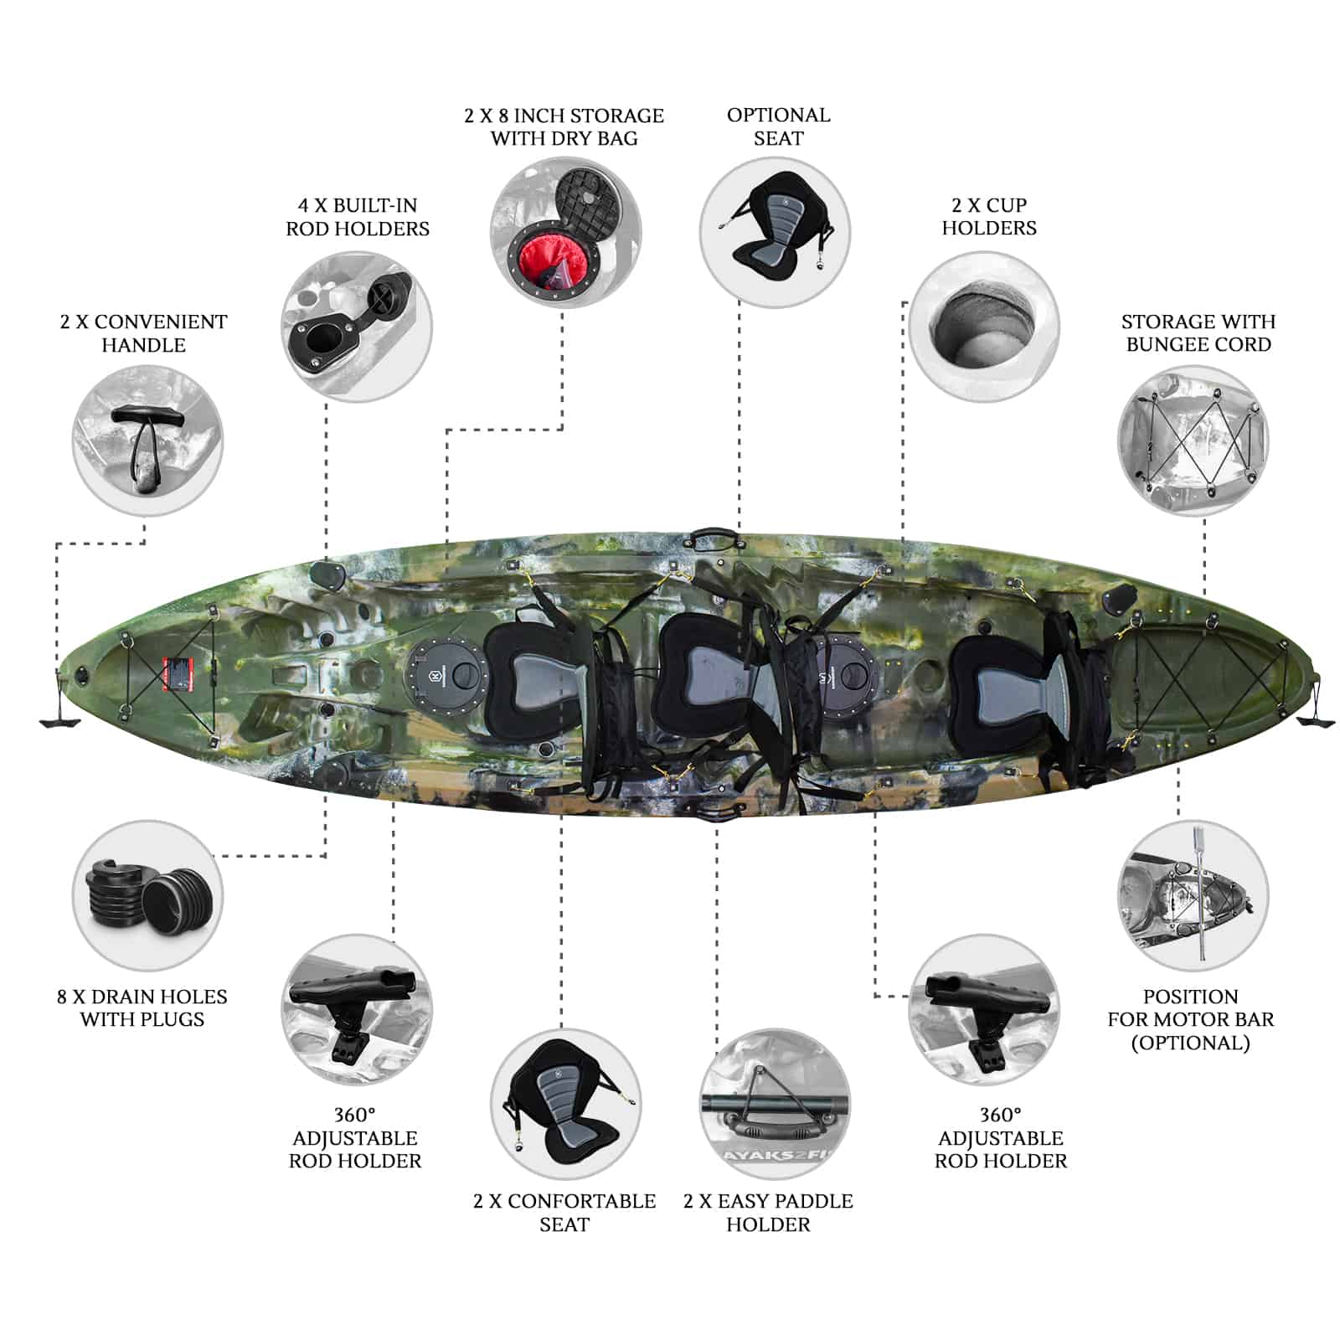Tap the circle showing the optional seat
click(775, 232)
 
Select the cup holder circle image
click(984, 327)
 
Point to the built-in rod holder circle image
click(357, 327)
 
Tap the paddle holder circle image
click(775, 1105)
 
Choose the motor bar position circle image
click(1193, 896)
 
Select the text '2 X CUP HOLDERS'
click(989, 216)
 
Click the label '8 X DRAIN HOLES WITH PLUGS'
click(142, 1008)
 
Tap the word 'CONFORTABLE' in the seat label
click(581, 1201)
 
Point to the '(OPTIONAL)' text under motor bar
click(1190, 1043)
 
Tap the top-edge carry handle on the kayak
click(714, 538)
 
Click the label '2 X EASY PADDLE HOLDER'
click(768, 1213)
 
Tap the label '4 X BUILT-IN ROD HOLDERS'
click(358, 217)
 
